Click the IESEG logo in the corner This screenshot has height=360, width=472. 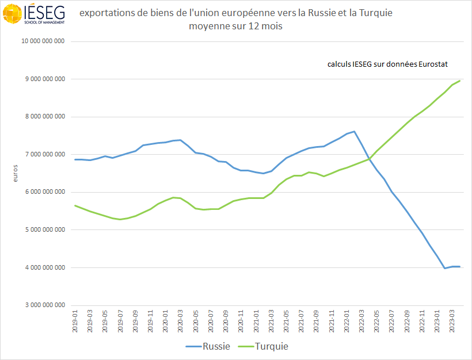coord(33,14)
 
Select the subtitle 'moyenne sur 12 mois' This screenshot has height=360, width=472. coord(236,26)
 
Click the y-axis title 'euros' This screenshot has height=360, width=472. coord(16,174)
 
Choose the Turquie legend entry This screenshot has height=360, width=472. coord(264,346)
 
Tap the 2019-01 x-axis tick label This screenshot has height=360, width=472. coord(75,321)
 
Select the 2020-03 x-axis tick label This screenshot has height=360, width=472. coord(180,321)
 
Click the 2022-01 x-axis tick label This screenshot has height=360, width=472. coord(347,321)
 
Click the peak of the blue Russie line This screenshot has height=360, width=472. coord(354,131)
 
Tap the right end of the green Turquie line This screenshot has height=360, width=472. coord(459,81)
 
